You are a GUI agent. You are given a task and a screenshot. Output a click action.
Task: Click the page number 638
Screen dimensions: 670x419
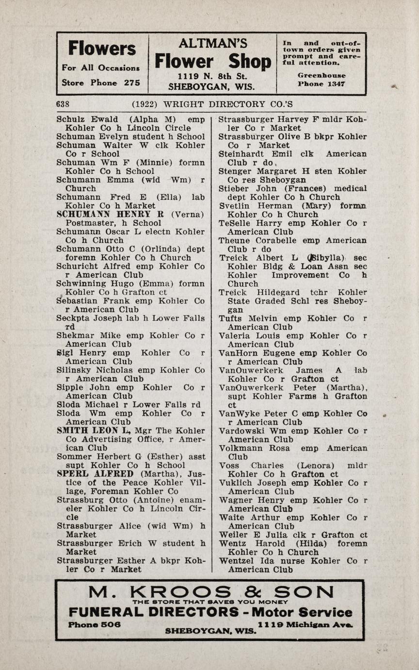point(63,104)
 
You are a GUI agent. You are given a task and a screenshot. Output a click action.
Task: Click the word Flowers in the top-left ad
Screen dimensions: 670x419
point(102,49)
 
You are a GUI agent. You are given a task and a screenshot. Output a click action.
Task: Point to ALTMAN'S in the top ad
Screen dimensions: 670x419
point(213,44)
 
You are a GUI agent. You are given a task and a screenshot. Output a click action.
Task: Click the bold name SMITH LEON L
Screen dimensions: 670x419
point(94,430)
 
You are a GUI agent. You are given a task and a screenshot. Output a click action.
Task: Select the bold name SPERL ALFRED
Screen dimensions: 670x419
point(95,474)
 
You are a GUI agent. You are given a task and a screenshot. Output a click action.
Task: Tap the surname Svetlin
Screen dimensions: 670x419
point(234,206)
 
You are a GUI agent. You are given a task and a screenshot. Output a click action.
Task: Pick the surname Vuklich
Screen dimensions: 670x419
point(234,483)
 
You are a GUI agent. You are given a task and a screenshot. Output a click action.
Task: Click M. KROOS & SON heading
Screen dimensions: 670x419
point(211,592)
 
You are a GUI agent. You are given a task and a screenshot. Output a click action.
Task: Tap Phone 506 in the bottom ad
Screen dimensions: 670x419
point(95,624)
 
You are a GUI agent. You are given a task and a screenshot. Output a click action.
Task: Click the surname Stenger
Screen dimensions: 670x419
point(234,171)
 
